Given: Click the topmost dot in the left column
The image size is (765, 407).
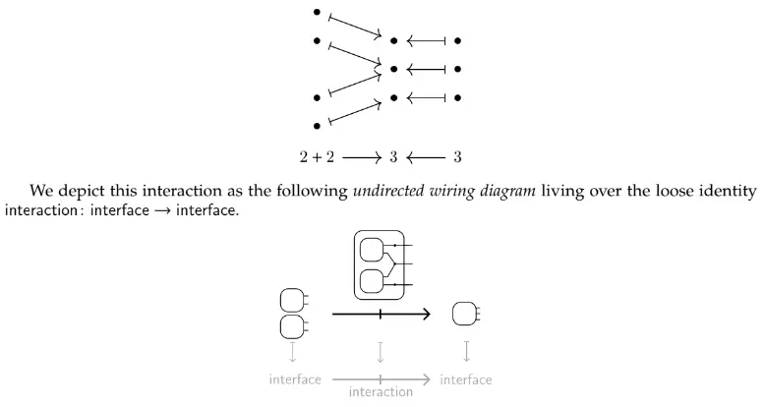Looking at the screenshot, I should (x=317, y=13).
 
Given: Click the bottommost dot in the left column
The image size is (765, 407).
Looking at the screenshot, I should (x=317, y=126).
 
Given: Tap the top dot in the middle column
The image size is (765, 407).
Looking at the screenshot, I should (x=393, y=41).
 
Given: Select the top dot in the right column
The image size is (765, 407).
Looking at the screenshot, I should (x=458, y=41).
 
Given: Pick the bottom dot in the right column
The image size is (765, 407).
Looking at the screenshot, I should (x=458, y=97).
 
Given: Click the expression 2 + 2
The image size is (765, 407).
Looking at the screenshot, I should (x=317, y=156).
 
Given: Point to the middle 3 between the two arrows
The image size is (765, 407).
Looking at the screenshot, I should (x=393, y=156).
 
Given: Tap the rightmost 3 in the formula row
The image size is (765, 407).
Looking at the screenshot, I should (x=458, y=156).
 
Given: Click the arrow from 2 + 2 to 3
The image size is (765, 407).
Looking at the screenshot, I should (x=361, y=156).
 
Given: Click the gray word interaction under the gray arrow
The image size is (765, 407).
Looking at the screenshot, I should (x=381, y=392).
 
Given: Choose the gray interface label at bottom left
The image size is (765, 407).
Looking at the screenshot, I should (x=295, y=379).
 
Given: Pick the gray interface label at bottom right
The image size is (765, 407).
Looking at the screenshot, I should (x=466, y=379).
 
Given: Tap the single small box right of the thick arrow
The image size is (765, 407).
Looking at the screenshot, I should (x=463, y=315).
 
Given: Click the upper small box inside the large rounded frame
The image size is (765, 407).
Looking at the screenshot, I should (x=372, y=250).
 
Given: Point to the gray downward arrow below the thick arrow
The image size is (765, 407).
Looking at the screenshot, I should (x=381, y=351).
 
